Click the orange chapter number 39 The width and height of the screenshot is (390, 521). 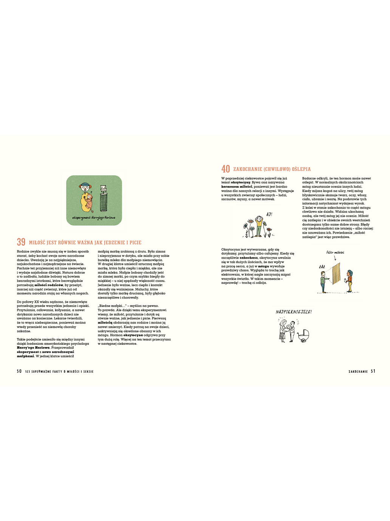coord(21,242)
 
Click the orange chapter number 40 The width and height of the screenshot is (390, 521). coord(226,169)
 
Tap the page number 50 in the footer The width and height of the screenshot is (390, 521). coord(19,371)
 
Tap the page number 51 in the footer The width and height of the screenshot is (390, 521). coord(373,371)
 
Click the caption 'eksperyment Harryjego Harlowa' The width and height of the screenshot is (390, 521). coord(94,218)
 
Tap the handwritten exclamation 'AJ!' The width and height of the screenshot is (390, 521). coord(269,214)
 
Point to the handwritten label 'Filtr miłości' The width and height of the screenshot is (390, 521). coord(335,253)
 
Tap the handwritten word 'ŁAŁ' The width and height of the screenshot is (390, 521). coord(322,267)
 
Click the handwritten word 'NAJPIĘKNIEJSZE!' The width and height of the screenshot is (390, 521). coord(294,312)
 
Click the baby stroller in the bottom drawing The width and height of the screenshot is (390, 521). coord(304,335)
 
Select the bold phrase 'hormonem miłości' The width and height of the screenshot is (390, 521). coord(237,186)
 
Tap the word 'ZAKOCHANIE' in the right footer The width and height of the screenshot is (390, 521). coord(358,372)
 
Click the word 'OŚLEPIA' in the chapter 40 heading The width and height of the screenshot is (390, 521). coord(300,169)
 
